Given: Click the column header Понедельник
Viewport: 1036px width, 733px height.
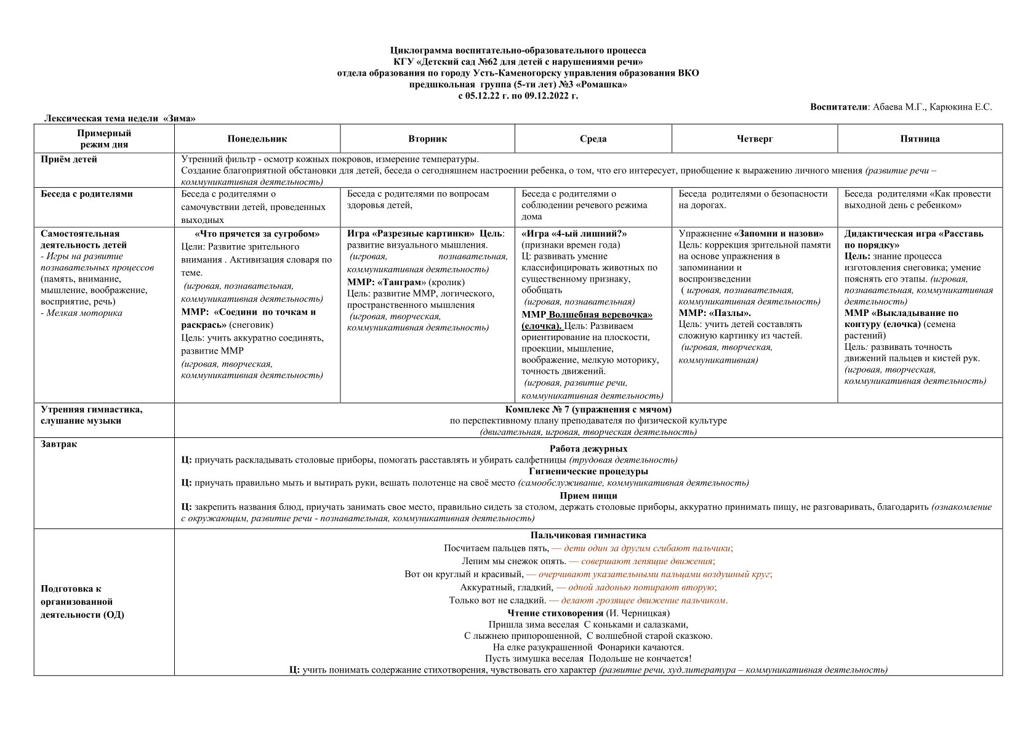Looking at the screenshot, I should tap(257, 139).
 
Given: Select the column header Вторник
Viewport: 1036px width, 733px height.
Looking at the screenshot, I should tap(427, 139).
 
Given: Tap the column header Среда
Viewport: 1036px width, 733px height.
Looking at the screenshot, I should tap(593, 139).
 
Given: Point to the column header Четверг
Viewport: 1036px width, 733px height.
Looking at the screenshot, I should tap(755, 139).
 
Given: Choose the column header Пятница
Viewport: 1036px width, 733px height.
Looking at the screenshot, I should tap(920, 139).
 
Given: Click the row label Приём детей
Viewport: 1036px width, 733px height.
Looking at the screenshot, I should tap(69, 160).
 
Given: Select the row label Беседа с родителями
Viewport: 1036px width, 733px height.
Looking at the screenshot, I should tap(87, 194).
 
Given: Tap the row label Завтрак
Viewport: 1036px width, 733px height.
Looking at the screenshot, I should tap(59, 444).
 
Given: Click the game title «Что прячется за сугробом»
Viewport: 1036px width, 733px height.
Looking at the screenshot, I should tap(257, 234).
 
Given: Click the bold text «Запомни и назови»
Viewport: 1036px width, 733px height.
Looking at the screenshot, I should tap(779, 234).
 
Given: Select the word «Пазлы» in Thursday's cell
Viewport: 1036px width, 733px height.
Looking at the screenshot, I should tap(728, 313).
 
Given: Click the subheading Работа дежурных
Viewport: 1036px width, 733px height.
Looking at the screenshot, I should tap(588, 449).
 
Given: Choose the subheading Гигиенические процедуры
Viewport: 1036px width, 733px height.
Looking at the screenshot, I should tap(588, 472).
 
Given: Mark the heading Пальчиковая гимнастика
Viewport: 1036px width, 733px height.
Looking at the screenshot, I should tap(588, 536).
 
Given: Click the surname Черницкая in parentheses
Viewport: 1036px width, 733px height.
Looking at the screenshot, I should tap(645, 614).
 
